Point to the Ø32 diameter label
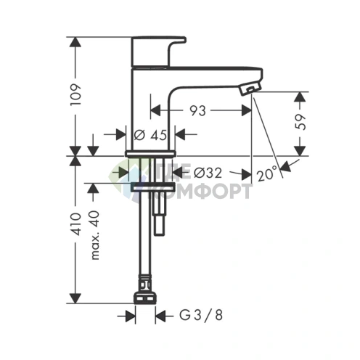pyautogui.click(x=209, y=173)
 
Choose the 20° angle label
pyautogui.click(x=267, y=175)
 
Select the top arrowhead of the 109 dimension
pyautogui.click(x=75, y=41)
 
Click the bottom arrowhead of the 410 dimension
pyautogui.click(x=75, y=299)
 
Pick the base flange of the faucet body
pyautogui.click(x=150, y=152)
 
